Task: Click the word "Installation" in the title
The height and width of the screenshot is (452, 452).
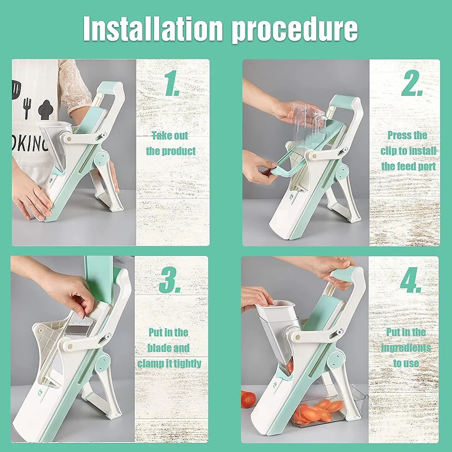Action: coord(153,29)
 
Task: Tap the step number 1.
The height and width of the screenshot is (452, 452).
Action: coord(172,83)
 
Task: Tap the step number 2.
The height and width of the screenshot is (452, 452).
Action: coord(412,83)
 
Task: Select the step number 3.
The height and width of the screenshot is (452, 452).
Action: coord(170,280)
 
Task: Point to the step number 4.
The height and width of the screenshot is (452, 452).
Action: coord(411,280)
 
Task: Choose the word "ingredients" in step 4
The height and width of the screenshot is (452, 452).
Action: coord(406,348)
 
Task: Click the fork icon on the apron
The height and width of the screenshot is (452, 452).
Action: coord(27,108)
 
